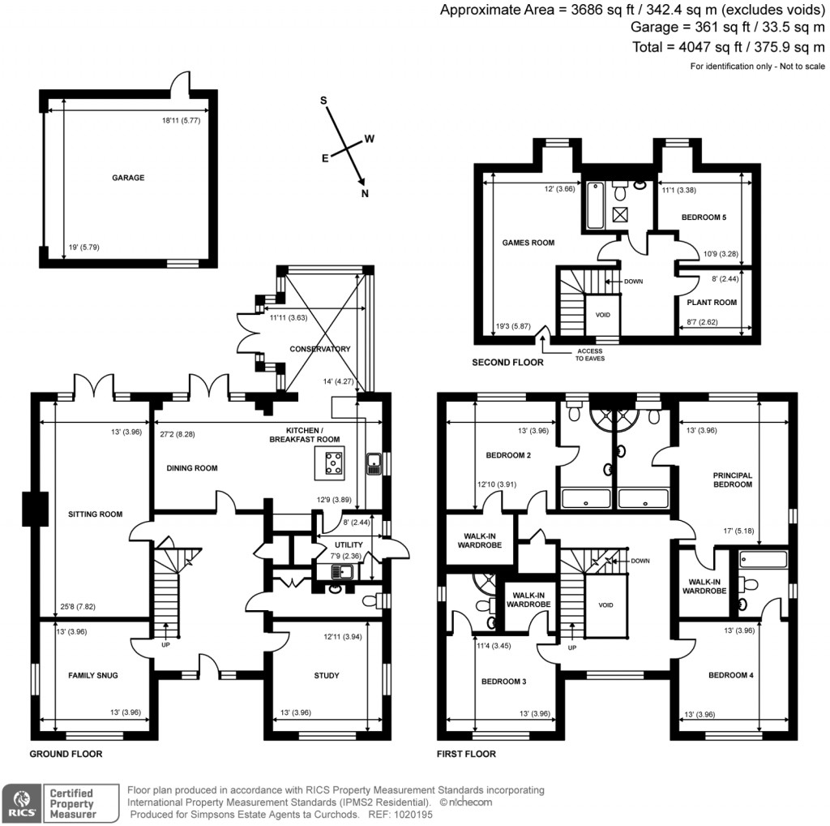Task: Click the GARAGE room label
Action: pos(128,178)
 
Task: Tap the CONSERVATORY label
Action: pos(320,349)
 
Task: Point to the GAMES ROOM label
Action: pos(528,243)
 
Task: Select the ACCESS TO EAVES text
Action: pos(589,354)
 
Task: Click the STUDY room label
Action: pos(327,675)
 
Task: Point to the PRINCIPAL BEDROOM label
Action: pos(732,480)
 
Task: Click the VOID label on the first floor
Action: pos(606,604)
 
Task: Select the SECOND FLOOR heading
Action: pos(507,363)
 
